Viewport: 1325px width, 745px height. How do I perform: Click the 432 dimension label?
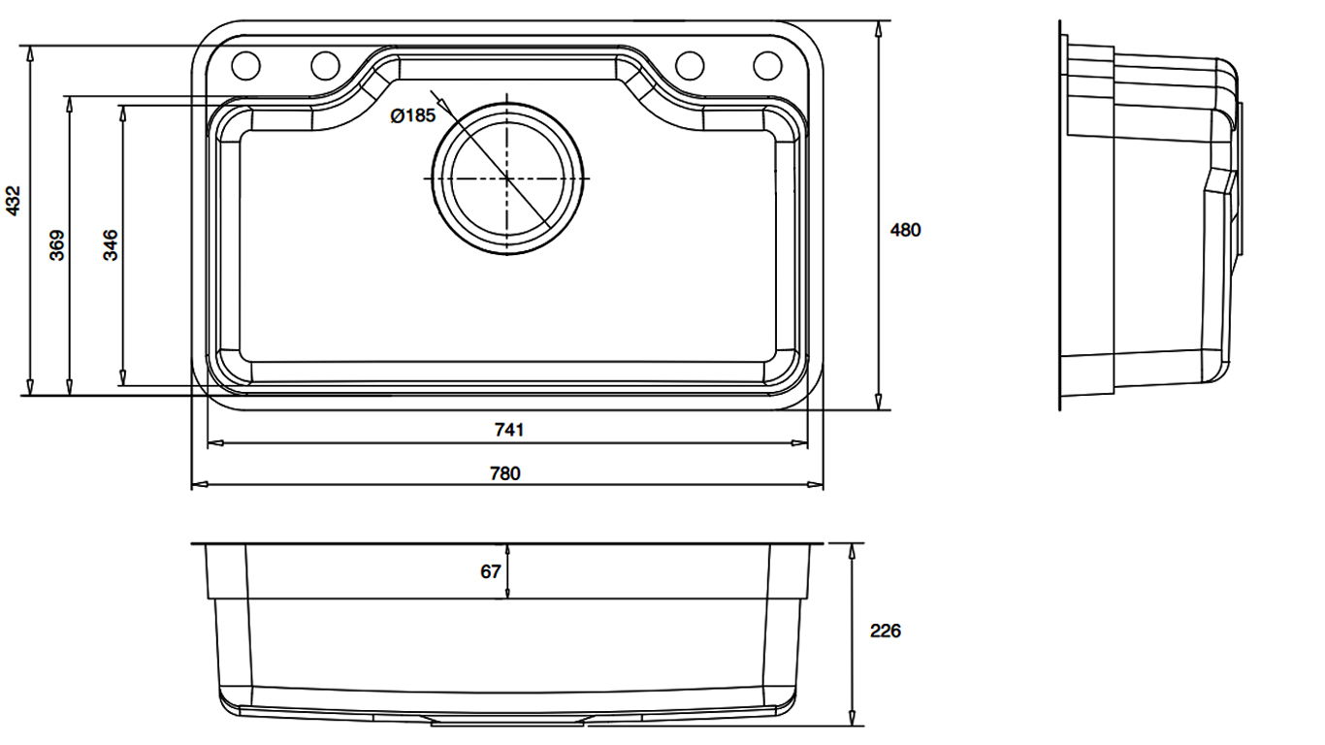pos(13,201)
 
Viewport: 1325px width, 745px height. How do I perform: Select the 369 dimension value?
pos(57,245)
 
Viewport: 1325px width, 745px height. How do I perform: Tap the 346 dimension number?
pos(111,245)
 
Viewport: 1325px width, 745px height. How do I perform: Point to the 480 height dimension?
pos(905,230)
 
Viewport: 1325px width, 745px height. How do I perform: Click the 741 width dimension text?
pos(509,430)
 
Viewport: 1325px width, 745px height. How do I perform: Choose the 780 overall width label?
pos(505,473)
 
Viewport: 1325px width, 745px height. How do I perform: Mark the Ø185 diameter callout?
pos(413,115)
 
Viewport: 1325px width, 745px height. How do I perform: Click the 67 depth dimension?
pos(491,571)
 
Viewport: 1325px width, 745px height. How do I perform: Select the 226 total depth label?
pos(885,631)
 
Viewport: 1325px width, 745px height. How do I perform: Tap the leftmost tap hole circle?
pos(245,65)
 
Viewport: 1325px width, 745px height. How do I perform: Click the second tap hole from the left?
pos(325,65)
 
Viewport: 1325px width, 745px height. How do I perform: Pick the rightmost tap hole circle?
pos(767,65)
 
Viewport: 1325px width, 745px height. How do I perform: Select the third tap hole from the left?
pos(689,65)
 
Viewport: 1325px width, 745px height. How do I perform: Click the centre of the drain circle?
pos(507,178)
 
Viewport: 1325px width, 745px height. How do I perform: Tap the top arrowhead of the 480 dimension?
pos(879,29)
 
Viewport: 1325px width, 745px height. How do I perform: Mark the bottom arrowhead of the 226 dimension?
pos(852,718)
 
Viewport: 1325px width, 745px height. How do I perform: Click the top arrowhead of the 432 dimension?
pos(29,54)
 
